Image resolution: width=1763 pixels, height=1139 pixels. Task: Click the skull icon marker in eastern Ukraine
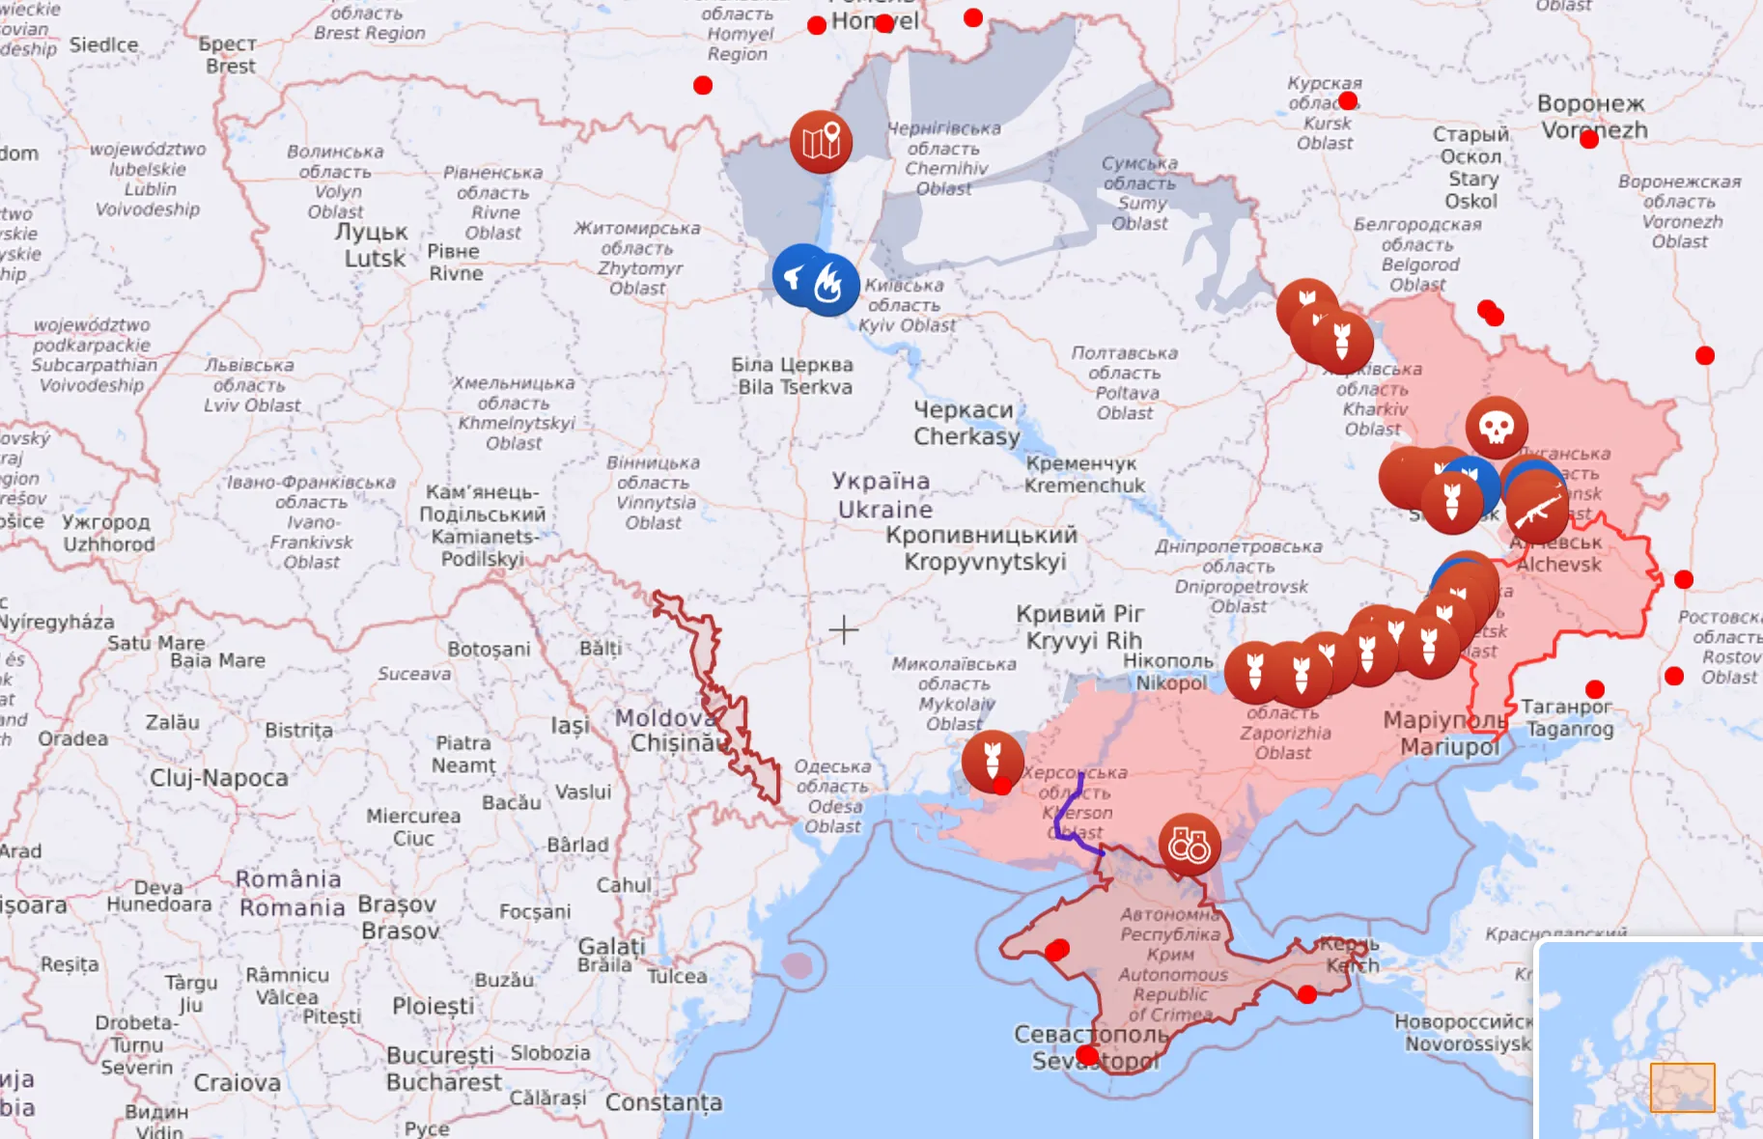coord(1497,427)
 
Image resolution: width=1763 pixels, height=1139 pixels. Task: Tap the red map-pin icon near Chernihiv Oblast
coord(821,142)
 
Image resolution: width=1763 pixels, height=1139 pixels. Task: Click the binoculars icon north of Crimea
coord(1189,846)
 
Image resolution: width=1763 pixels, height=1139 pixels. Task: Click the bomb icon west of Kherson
coord(992,761)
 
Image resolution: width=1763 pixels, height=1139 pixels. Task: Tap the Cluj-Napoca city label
coord(218,778)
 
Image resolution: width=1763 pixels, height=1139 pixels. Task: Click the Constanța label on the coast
coord(663,1102)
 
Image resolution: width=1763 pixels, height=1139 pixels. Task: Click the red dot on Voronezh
coord(1589,140)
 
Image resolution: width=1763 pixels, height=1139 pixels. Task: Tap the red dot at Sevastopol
coord(1088,1056)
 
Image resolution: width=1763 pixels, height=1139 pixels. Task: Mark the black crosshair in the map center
coord(843,630)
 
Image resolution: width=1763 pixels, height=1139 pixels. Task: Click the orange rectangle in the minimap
coord(1682,1088)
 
